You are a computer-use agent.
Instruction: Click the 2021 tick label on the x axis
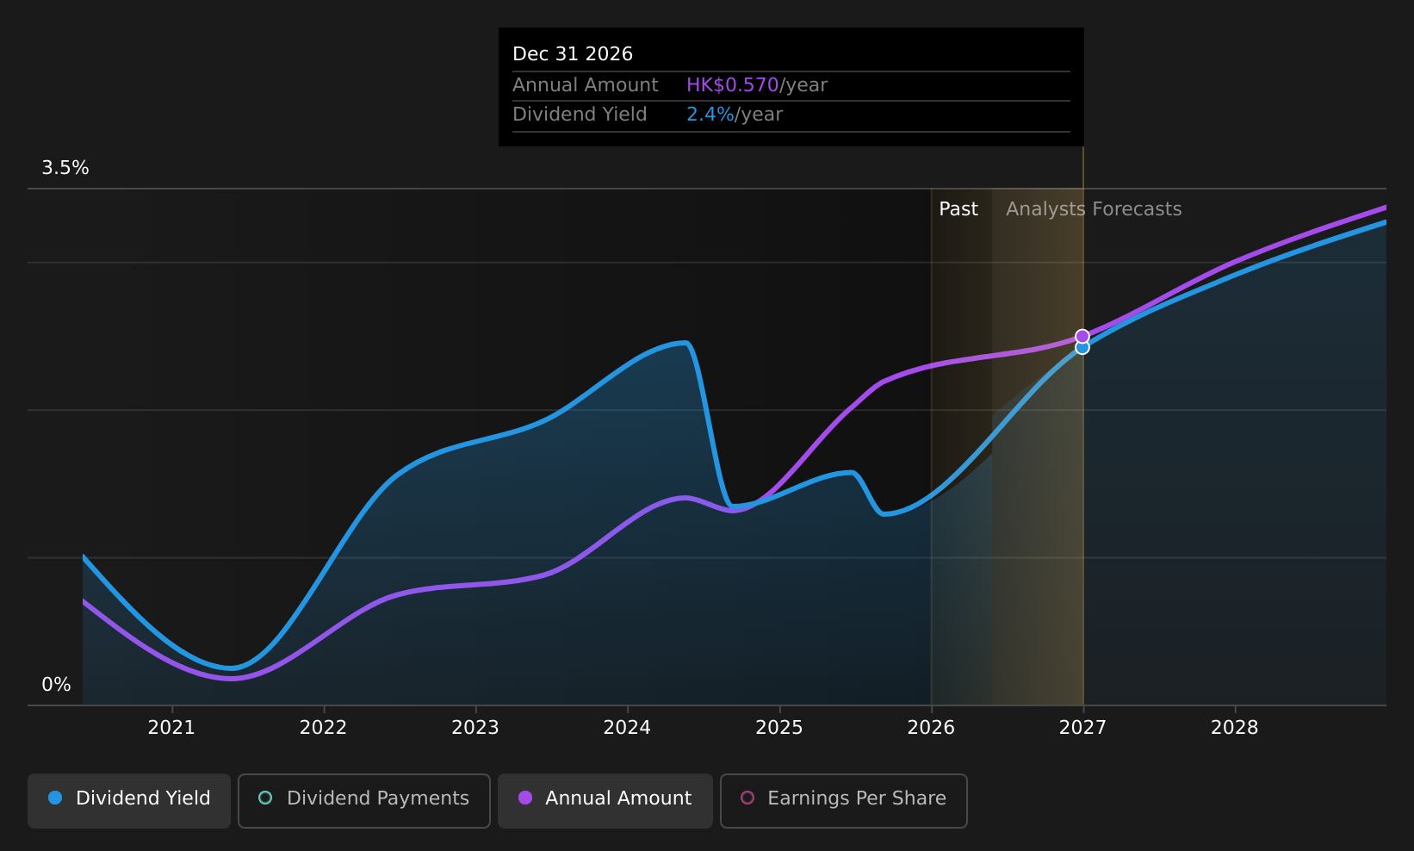[x=171, y=728]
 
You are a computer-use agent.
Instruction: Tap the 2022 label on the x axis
[x=323, y=728]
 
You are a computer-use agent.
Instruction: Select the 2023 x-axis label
[x=475, y=728]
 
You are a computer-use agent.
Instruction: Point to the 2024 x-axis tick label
[x=627, y=728]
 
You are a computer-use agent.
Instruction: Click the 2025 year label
[x=779, y=728]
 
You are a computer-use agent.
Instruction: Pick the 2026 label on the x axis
[x=931, y=728]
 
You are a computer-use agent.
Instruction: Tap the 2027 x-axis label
[x=1082, y=728]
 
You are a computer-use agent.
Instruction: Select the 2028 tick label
[x=1235, y=728]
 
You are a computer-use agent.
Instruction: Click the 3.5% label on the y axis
[x=65, y=168]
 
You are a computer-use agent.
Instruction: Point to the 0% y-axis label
[x=56, y=685]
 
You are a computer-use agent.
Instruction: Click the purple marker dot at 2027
[x=1082, y=336]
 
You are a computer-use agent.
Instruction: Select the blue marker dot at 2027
[x=1082, y=348]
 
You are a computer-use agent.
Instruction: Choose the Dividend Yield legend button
[x=129, y=800]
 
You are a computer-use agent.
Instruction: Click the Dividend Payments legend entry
[x=364, y=800]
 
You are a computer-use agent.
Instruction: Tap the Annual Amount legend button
[x=605, y=800]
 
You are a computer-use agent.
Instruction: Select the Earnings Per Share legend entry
[x=843, y=800]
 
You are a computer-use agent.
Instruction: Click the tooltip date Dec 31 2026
[x=573, y=54]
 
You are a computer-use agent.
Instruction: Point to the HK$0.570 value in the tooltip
[x=732, y=84]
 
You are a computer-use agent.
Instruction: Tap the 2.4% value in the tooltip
[x=710, y=115]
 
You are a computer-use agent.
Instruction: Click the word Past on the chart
[x=958, y=209]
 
